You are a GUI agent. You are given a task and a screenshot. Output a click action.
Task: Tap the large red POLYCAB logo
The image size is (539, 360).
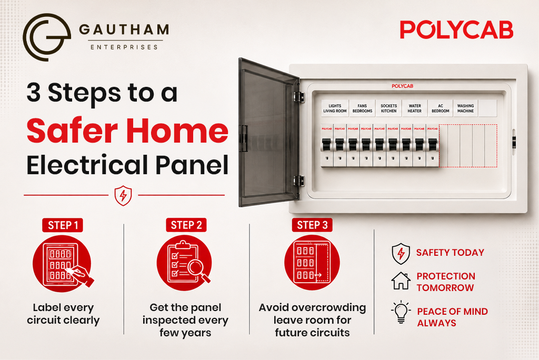pos(456,29)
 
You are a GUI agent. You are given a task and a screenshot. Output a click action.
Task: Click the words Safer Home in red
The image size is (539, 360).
pos(127,131)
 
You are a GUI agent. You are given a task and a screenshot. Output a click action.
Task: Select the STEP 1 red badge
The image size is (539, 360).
pos(63,225)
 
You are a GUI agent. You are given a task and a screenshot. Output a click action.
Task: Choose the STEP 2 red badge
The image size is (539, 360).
pos(186,225)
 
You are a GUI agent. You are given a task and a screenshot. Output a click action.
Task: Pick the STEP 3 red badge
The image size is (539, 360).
pos(312,225)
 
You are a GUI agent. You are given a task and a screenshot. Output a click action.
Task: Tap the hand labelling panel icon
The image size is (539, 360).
pos(62,264)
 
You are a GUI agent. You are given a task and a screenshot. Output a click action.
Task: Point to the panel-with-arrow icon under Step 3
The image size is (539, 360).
pos(312,262)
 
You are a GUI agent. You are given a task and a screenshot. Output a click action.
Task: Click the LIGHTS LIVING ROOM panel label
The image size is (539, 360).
pos(335,108)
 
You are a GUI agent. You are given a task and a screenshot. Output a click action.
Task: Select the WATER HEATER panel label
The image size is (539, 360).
pos(415,108)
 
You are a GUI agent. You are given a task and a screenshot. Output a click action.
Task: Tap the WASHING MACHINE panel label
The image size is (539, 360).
pos(465,108)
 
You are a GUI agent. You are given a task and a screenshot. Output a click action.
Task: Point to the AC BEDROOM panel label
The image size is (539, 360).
pos(441,108)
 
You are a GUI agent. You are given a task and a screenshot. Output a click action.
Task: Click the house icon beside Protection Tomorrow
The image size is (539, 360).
pos(401,281)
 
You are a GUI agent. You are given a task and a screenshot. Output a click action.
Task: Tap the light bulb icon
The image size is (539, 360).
pos(401,312)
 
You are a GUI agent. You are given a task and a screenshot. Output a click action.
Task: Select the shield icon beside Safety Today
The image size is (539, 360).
pos(401,254)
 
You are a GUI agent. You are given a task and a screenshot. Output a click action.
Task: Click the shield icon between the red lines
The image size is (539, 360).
pos(123,196)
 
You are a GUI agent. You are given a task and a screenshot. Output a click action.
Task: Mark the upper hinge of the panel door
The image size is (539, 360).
pos(298,97)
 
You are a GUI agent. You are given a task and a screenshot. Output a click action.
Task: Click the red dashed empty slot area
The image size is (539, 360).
pos(468,146)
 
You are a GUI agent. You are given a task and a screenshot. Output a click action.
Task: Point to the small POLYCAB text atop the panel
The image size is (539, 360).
pos(403,86)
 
